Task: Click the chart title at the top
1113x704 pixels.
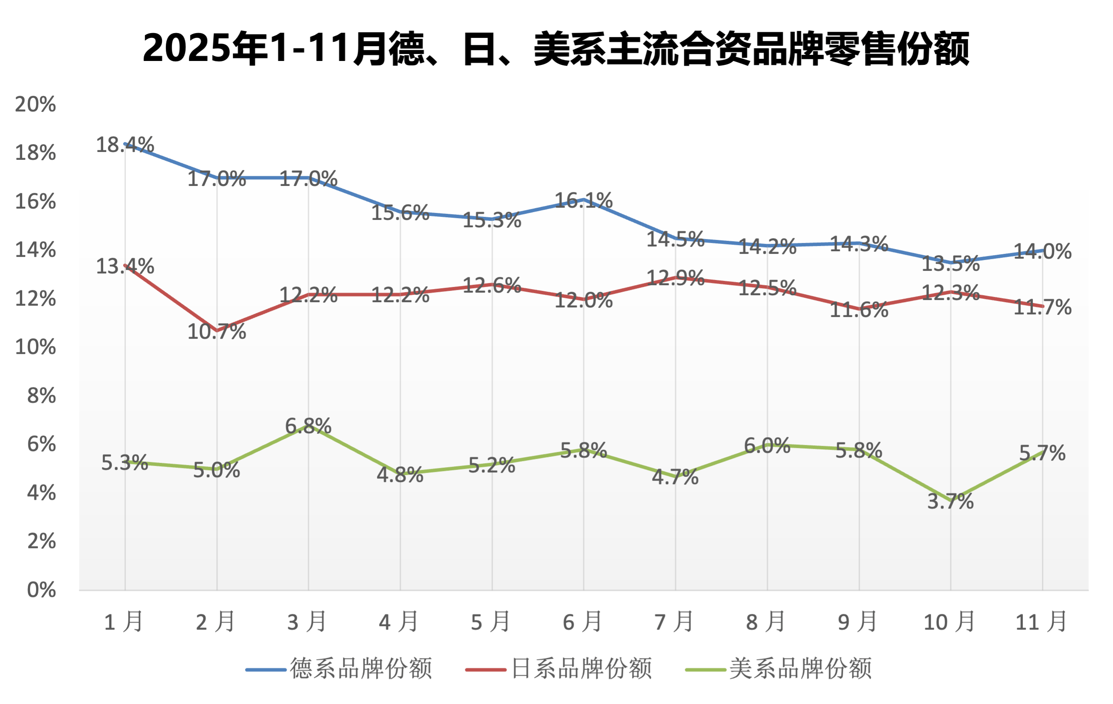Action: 556,48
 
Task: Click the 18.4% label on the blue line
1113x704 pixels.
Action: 125,145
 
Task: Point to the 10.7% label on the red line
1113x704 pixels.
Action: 216,332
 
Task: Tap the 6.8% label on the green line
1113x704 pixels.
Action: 308,426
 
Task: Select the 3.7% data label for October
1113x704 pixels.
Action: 950,502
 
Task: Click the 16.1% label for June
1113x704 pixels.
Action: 583,201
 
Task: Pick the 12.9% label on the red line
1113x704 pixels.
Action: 675,278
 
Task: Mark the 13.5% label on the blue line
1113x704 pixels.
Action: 950,264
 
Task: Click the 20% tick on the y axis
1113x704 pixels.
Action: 35,104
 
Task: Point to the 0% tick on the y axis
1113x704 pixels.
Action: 41,590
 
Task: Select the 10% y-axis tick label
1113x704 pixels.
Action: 35,347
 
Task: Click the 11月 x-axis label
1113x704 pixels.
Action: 1041,622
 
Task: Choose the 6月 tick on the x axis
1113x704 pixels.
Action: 582,622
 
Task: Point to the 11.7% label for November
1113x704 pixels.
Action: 1042,307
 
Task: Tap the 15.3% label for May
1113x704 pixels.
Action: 492,220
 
